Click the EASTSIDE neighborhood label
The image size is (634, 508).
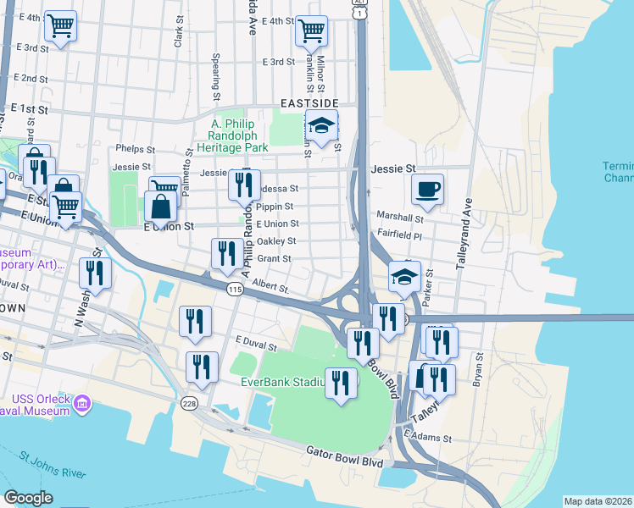coord(309,103)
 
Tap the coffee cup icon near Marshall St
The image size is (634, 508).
coord(428,189)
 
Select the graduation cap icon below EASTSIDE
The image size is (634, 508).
coord(321,127)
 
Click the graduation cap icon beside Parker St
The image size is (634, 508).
coord(405,277)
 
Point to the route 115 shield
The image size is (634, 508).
coord(235,290)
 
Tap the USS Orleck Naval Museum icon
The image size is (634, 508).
coord(83,400)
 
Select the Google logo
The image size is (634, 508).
coord(28,498)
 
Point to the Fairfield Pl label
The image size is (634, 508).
coord(398,236)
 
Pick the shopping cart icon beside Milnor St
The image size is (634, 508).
coord(311,30)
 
